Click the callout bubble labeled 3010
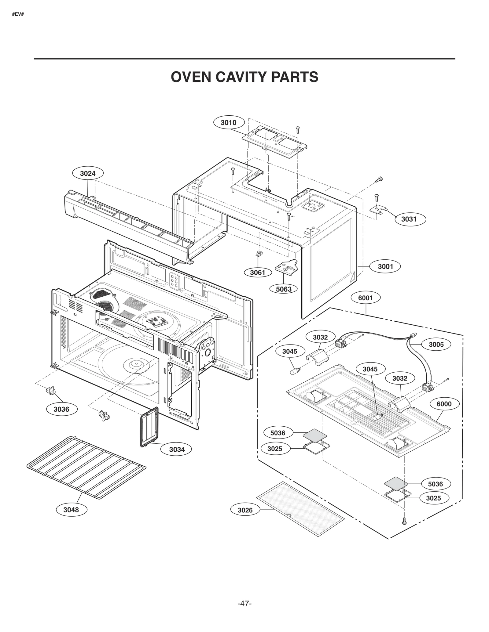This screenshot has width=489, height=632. tap(229, 123)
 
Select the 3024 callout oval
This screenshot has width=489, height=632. tap(88, 174)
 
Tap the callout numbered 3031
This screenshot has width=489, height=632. tap(409, 219)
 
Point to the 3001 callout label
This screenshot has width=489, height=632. tap(385, 266)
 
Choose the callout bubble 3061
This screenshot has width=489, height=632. tap(258, 273)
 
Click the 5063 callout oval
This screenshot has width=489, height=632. tap(284, 289)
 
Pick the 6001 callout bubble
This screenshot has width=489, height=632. tap(365, 298)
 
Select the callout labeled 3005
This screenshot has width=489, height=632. tap(436, 345)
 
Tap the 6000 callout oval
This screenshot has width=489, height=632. tap(444, 404)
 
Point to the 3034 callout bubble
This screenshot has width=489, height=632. tap(177, 449)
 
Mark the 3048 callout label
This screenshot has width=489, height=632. tap(71, 510)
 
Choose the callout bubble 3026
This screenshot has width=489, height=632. tap(245, 510)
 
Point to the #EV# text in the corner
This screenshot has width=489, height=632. tap(18, 14)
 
